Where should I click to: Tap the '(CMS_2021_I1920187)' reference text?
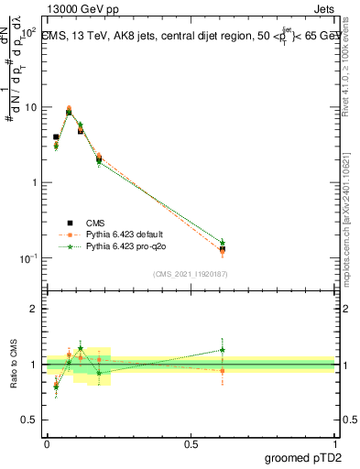[191, 274]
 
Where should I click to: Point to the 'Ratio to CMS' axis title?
[12, 364]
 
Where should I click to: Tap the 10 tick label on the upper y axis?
[30, 107]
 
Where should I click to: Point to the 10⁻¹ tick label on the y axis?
[28, 257]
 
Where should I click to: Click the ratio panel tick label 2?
[34, 309]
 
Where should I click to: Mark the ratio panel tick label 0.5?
[29, 420]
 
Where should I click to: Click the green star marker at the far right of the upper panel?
[223, 242]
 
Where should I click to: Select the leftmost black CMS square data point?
[56, 137]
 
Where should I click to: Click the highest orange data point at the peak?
[69, 108]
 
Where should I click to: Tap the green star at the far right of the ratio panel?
[223, 349]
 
